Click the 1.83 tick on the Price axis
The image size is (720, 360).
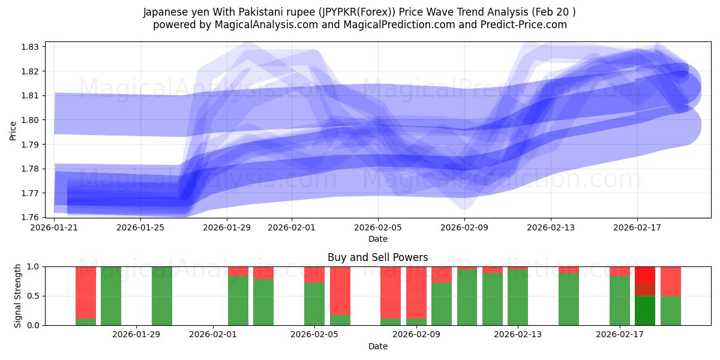[30, 47]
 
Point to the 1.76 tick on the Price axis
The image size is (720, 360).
[30, 217]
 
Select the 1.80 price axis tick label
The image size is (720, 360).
[30, 120]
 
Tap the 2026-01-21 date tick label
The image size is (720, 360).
[55, 227]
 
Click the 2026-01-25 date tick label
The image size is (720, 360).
[140, 227]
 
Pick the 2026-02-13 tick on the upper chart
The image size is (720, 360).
[551, 227]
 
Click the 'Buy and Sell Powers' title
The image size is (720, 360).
[377, 257]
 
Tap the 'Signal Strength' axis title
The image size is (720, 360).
[18, 295]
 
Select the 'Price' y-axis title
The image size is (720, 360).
[13, 131]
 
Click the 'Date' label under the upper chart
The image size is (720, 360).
[377, 239]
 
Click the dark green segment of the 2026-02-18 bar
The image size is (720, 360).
[645, 310]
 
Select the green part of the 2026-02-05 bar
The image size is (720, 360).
[314, 304]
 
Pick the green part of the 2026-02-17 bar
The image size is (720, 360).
[620, 300]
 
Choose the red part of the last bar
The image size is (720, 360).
[671, 281]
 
